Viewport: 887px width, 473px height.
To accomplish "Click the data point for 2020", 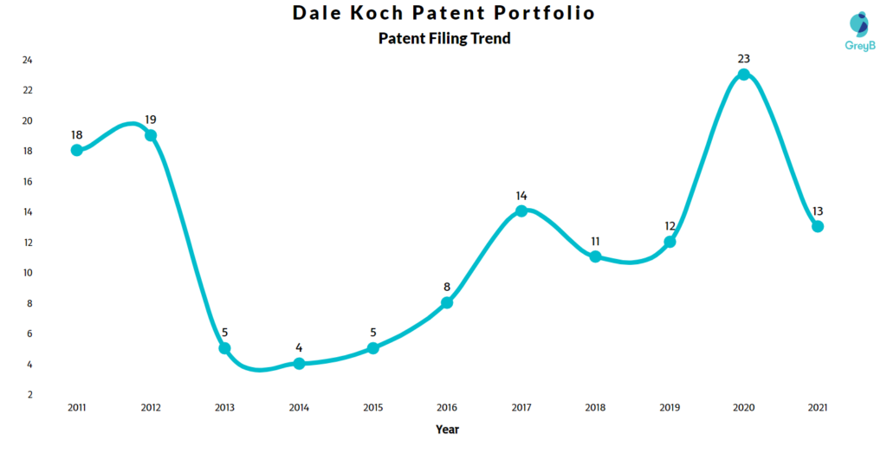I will click(x=743, y=75).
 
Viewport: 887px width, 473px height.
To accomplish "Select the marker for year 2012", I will click(x=151, y=135).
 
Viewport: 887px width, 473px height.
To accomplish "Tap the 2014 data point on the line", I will click(x=299, y=364).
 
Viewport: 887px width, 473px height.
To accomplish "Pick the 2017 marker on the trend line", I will click(x=521, y=211).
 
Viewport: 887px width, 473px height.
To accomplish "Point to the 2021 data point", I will click(x=818, y=227).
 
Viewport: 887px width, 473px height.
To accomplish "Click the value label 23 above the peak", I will click(x=743, y=59).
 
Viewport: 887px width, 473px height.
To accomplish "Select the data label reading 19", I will click(x=151, y=120).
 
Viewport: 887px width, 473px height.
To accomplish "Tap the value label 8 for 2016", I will click(x=447, y=287).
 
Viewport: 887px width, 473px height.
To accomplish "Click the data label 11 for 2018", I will click(x=595, y=241).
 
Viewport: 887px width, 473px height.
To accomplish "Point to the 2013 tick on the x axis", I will click(x=224, y=407).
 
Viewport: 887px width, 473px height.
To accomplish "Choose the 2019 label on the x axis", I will click(x=670, y=407).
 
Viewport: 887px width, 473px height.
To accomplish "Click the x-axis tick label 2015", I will click(x=372, y=407).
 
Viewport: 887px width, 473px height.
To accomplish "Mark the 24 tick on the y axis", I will click(x=28, y=60).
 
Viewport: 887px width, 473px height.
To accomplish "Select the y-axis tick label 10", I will click(x=28, y=273).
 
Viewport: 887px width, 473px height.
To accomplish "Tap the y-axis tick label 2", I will click(x=29, y=394).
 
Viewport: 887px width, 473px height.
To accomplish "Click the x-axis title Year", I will click(x=447, y=430).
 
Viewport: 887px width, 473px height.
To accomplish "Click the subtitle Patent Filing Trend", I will click(x=444, y=38).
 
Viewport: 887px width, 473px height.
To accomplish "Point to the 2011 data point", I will click(x=77, y=150).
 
